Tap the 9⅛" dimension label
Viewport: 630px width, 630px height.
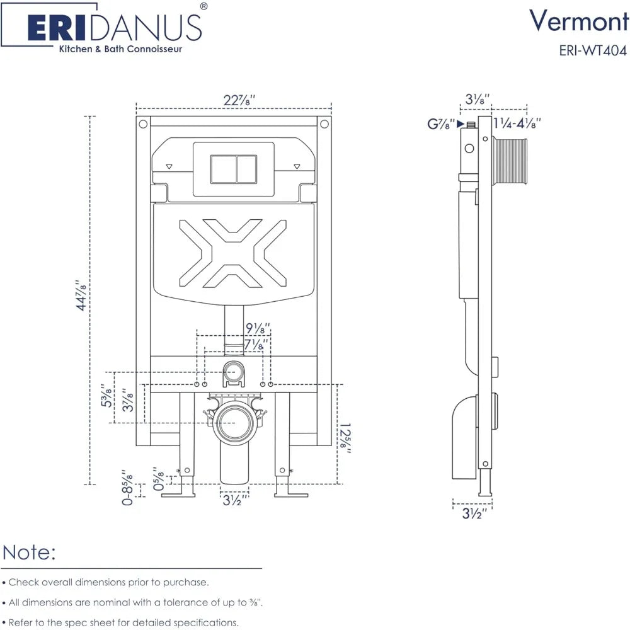tap(258, 329)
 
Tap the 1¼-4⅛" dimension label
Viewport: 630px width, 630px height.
tap(517, 123)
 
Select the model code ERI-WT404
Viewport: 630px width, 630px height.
tap(593, 50)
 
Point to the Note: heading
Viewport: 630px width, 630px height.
tap(30, 553)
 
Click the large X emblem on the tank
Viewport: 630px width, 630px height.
tap(232, 253)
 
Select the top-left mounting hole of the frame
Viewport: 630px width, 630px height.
tap(143, 123)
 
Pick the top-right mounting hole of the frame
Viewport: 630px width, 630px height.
tap(324, 123)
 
